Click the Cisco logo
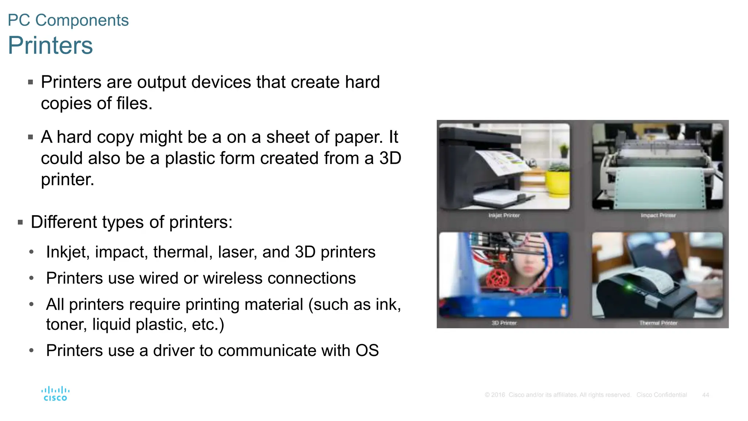(55, 394)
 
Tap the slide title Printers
(50, 45)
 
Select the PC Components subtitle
(68, 20)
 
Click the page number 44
(705, 395)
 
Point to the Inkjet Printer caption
(504, 216)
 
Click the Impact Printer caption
(658, 216)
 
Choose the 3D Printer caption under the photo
(504, 323)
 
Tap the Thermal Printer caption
(658, 323)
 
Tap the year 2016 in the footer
(498, 395)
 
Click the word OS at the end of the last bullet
(367, 350)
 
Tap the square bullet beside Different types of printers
(20, 222)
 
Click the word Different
(64, 222)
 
